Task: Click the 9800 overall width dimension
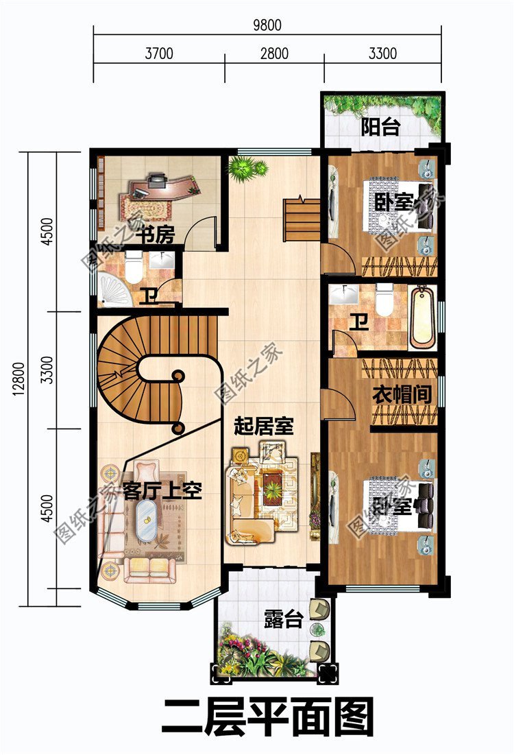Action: pyautogui.click(x=267, y=25)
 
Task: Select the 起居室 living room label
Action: pyautogui.click(x=264, y=427)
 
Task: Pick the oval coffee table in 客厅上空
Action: pyautogui.click(x=145, y=521)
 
